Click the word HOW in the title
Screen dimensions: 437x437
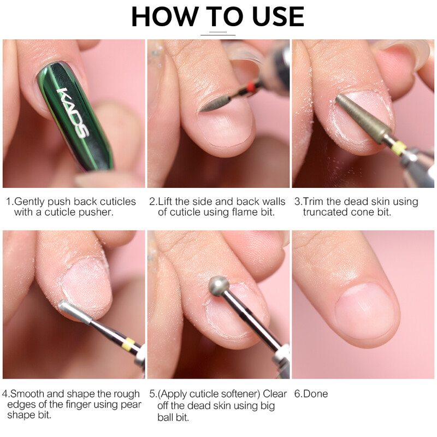point(165,17)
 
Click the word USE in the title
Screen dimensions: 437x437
point(278,17)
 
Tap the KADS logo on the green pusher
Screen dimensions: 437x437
point(73,113)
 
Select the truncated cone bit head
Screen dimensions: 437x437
point(362,117)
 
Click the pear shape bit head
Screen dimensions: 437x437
point(75,311)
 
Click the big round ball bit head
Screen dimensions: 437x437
point(219,286)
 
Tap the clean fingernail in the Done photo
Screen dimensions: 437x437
point(364,310)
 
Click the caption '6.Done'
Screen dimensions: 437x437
point(311,394)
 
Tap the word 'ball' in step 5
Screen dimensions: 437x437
point(166,417)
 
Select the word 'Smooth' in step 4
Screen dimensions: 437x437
point(27,394)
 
